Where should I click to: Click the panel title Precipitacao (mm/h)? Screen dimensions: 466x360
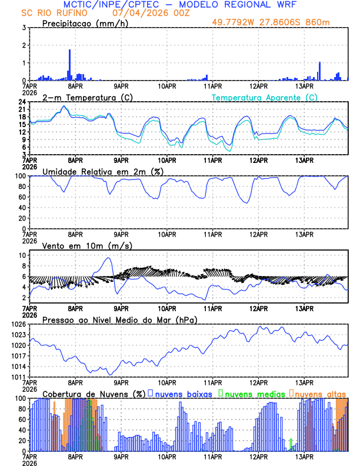point(82,23)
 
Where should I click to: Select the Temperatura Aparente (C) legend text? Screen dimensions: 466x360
point(264,97)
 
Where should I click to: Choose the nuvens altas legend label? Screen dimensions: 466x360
point(321,394)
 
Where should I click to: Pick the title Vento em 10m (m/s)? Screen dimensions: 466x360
point(88,245)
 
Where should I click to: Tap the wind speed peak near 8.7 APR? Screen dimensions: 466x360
point(108,258)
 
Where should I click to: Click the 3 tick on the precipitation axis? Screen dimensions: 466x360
point(24,28)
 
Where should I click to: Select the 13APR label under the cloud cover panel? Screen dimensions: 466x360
point(304,456)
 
